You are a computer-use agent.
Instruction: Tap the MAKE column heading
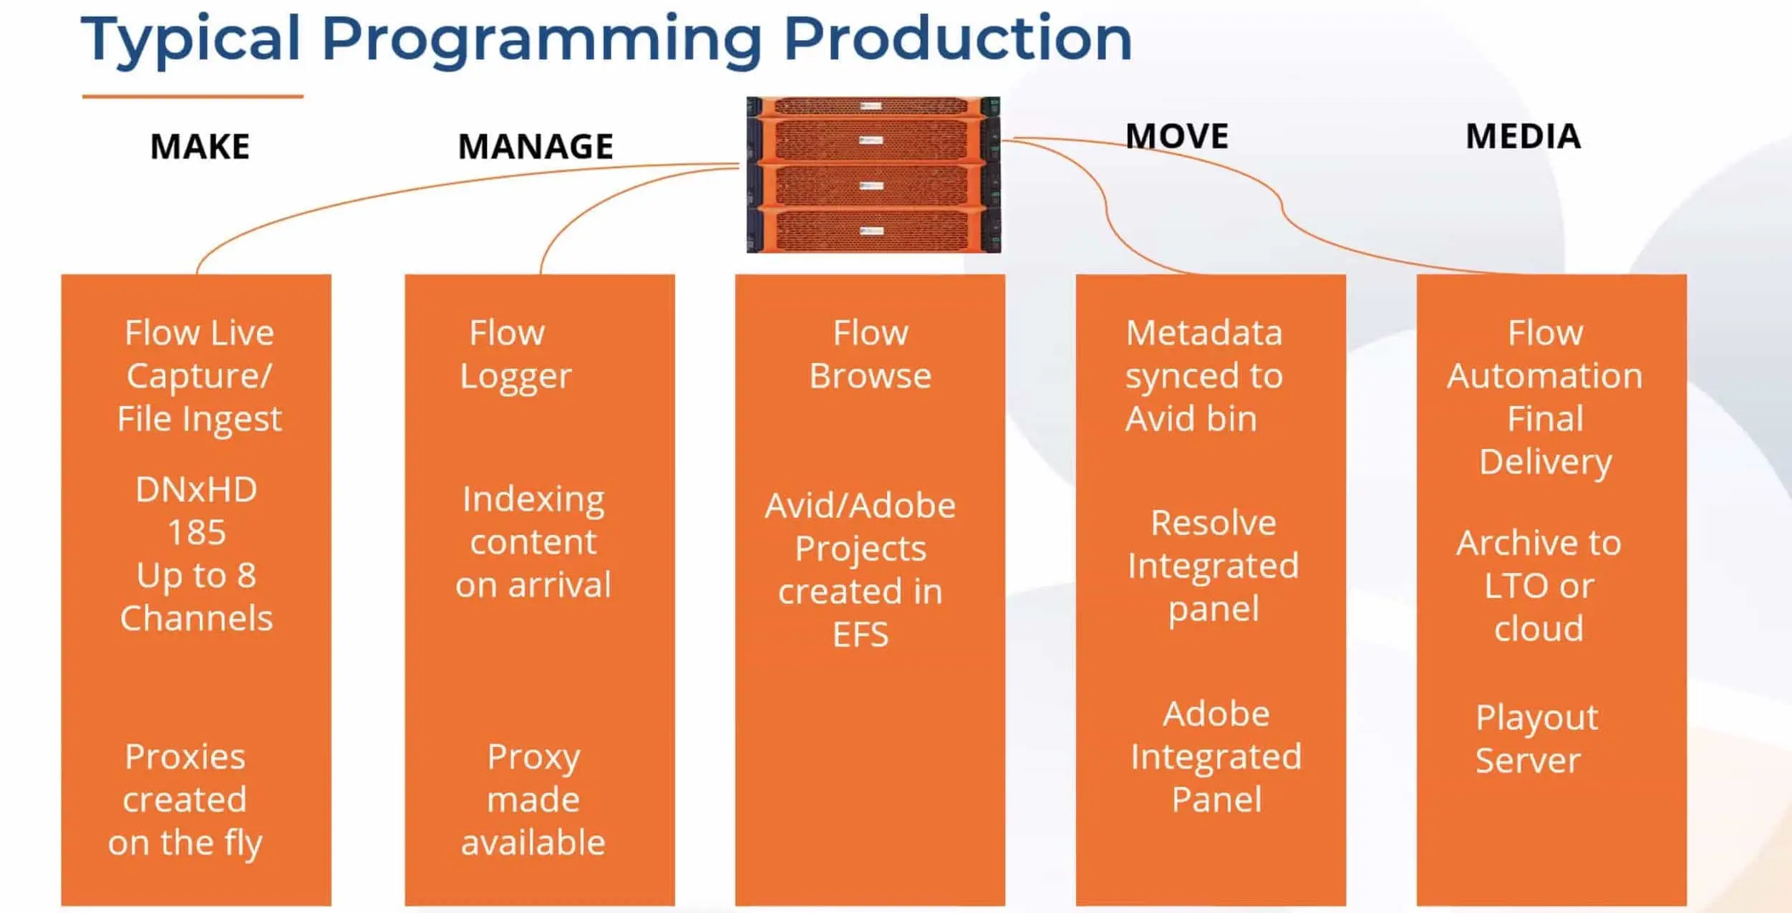[x=200, y=147]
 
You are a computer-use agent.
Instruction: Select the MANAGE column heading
[x=536, y=147]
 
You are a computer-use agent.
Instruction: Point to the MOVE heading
[x=1177, y=136]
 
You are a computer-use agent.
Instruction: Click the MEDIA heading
[x=1524, y=136]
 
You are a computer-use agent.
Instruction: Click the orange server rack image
[x=873, y=175]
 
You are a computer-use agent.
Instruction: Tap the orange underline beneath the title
[x=193, y=96]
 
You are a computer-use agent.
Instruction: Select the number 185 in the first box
[x=197, y=533]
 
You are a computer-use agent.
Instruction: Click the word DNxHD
[x=197, y=490]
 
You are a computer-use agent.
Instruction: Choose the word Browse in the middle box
[x=871, y=376]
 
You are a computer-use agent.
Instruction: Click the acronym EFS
[x=861, y=635]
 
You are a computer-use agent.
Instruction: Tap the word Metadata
[x=1204, y=333]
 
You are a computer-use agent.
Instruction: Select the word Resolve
[x=1214, y=523]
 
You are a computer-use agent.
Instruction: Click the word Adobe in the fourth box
[x=1216, y=714]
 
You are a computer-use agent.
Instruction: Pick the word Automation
[x=1545, y=376]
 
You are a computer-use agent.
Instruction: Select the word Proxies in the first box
[x=185, y=757]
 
